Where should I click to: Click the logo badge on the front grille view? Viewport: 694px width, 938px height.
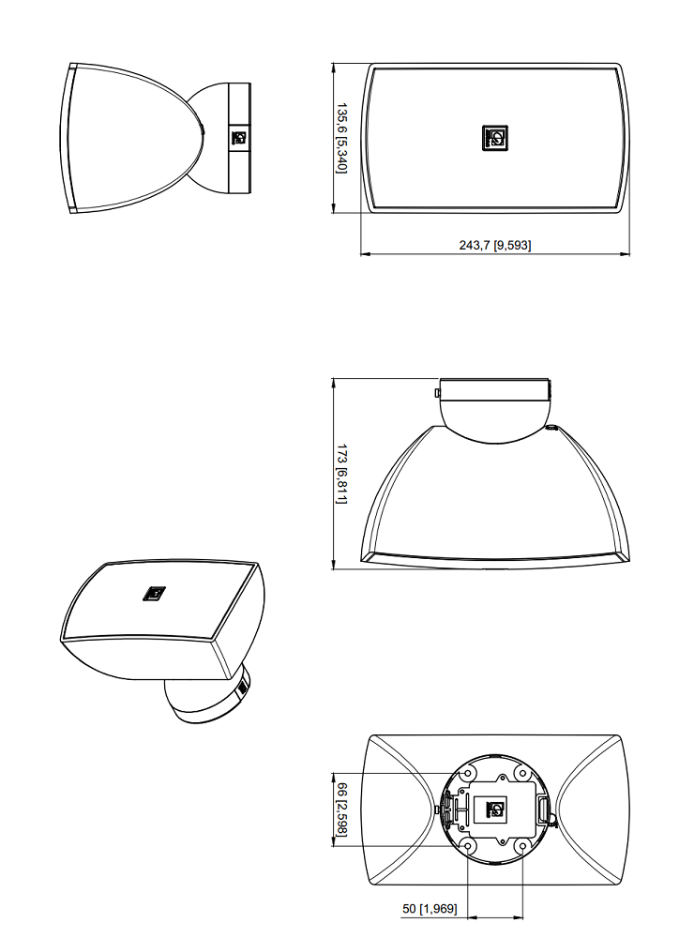pyautogui.click(x=495, y=138)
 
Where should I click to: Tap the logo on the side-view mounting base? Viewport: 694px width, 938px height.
pyautogui.click(x=239, y=138)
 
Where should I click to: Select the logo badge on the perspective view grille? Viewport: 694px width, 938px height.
pyautogui.click(x=154, y=594)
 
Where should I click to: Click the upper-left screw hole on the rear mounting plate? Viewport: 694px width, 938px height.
pyautogui.click(x=468, y=774)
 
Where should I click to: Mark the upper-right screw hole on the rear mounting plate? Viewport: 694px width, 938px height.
pyautogui.click(x=522, y=774)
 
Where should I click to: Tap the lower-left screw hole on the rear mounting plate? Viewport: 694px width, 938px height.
pyautogui.click(x=468, y=846)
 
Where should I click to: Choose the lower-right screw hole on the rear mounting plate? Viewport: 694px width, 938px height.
pyautogui.click(x=522, y=846)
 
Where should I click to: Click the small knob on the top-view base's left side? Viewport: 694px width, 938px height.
pyautogui.click(x=437, y=392)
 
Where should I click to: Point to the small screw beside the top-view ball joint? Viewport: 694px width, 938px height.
pyautogui.click(x=551, y=427)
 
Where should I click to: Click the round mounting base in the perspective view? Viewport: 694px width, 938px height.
pyautogui.click(x=209, y=699)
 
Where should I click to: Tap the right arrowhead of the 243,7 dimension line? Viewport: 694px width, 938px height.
pyautogui.click(x=625, y=254)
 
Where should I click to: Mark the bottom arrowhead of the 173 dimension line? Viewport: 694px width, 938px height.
pyautogui.click(x=333, y=564)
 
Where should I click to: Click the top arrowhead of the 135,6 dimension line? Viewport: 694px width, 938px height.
pyautogui.click(x=333, y=68)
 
